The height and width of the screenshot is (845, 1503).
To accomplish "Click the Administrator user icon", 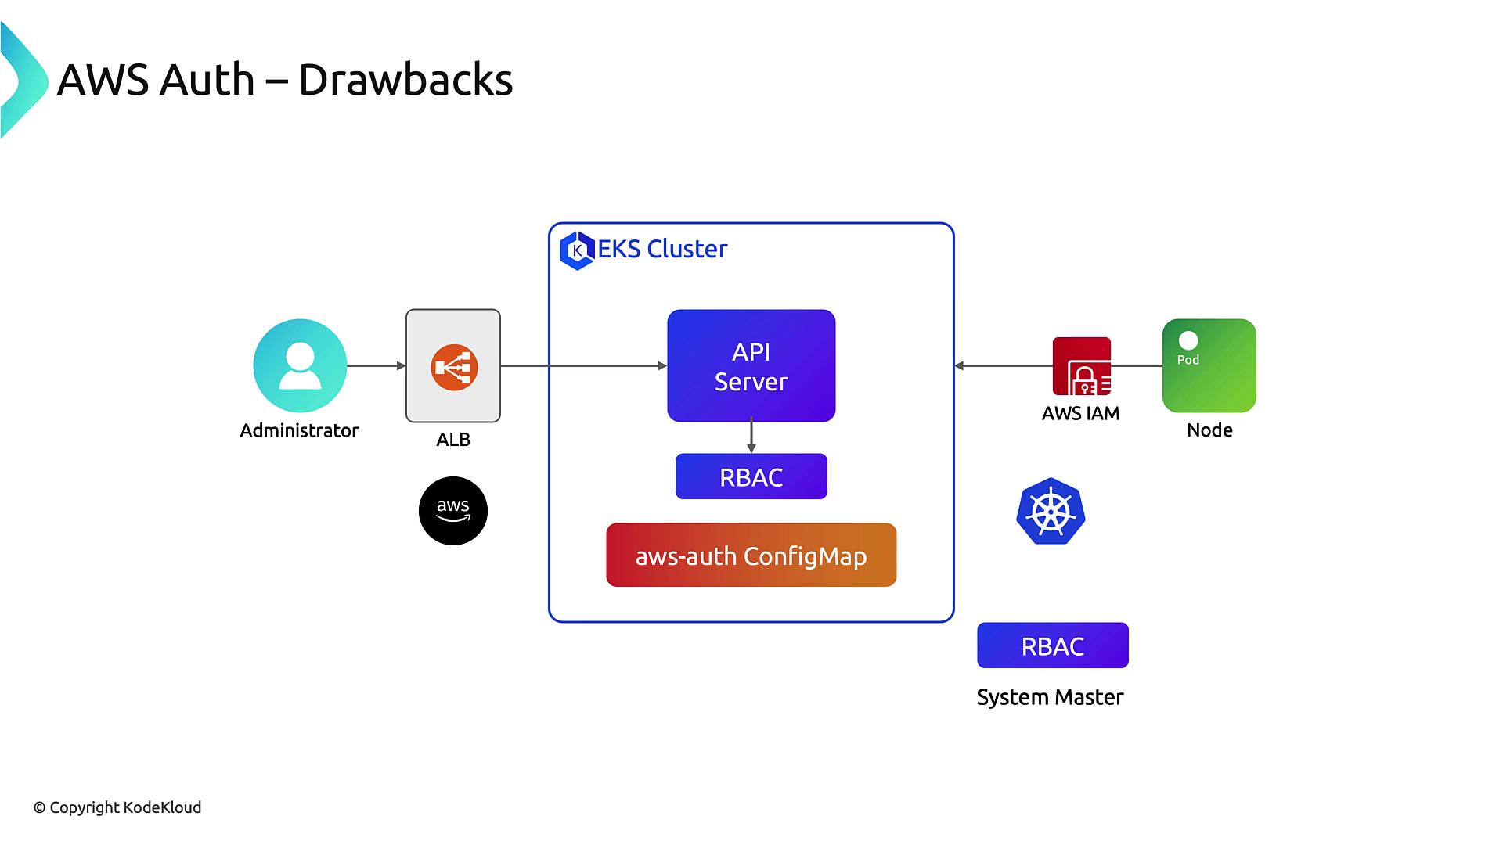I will (x=300, y=365).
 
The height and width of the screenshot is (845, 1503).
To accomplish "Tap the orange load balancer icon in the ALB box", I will (x=454, y=367).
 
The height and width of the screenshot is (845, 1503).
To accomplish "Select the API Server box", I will (x=751, y=365).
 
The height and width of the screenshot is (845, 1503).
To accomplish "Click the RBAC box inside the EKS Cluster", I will (x=751, y=476).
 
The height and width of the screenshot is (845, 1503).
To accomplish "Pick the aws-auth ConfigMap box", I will (x=751, y=556).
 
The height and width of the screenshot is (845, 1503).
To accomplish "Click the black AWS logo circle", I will (x=453, y=511).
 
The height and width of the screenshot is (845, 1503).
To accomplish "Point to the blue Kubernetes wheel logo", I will (x=1051, y=512).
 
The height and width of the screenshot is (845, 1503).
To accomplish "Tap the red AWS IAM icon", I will (x=1081, y=366).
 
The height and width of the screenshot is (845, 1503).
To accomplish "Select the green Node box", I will (x=1209, y=365).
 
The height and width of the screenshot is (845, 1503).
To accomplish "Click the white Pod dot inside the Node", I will (x=1188, y=340).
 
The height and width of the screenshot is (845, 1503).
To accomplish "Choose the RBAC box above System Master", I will (x=1052, y=645).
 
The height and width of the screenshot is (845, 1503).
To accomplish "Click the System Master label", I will (x=1050, y=697).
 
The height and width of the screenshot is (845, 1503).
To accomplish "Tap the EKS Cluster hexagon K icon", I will (x=578, y=250).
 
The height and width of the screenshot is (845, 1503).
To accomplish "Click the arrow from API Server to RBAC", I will (x=751, y=437).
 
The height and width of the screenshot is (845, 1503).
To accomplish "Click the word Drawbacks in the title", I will (x=405, y=80).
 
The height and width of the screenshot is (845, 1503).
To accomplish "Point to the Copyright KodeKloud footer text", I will (x=117, y=807).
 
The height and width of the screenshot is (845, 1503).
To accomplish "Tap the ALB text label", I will (x=453, y=440).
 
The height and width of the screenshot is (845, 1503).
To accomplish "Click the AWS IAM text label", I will (x=1080, y=413).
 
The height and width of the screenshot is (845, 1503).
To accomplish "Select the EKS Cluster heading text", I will (x=662, y=249).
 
